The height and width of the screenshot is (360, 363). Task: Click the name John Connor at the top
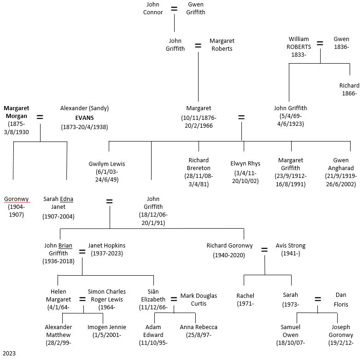tap(153, 8)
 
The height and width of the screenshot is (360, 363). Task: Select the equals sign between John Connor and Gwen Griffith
tap(174, 9)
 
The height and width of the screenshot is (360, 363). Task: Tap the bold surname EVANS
tap(84, 118)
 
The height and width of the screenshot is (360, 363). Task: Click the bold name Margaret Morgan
tap(16, 112)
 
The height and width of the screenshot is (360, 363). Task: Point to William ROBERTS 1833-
tap(299, 47)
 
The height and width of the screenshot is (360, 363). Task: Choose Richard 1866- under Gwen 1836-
tap(349, 89)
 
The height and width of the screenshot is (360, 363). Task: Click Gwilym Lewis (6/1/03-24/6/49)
tap(107, 171)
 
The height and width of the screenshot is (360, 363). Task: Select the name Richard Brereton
tap(199, 165)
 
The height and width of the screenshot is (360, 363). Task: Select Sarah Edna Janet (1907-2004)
tap(58, 207)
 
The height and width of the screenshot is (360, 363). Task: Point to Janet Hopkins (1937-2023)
tap(106, 249)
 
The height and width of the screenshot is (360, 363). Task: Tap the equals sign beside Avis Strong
tap(264, 250)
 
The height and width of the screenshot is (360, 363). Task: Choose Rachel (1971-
tap(245, 299)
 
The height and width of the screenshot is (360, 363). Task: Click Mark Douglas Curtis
tap(199, 299)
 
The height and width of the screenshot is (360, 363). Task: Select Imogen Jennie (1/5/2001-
tap(107, 331)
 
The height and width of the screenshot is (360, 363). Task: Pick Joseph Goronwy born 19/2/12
tap(340, 335)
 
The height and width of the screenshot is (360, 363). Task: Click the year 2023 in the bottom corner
tap(9, 354)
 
